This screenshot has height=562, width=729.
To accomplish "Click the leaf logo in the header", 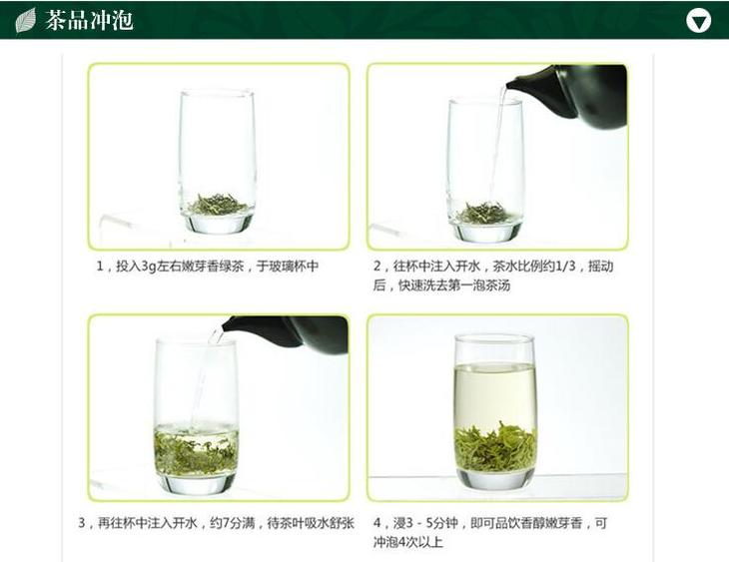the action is [x=26, y=20].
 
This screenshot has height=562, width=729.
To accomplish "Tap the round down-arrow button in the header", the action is [x=698, y=20].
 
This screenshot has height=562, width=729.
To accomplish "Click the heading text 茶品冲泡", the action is [x=89, y=20].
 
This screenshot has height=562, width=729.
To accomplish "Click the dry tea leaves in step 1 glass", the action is [x=218, y=205].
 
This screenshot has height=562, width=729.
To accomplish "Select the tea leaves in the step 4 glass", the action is [x=495, y=447].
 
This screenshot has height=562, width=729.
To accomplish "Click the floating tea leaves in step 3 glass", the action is [x=196, y=451].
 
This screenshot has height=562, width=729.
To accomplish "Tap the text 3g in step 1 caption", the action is [x=149, y=267].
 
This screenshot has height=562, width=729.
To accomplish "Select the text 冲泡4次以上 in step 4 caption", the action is [x=408, y=542].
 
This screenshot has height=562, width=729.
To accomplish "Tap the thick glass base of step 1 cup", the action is [x=218, y=223].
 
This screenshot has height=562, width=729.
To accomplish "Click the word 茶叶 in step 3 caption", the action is [x=291, y=523].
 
